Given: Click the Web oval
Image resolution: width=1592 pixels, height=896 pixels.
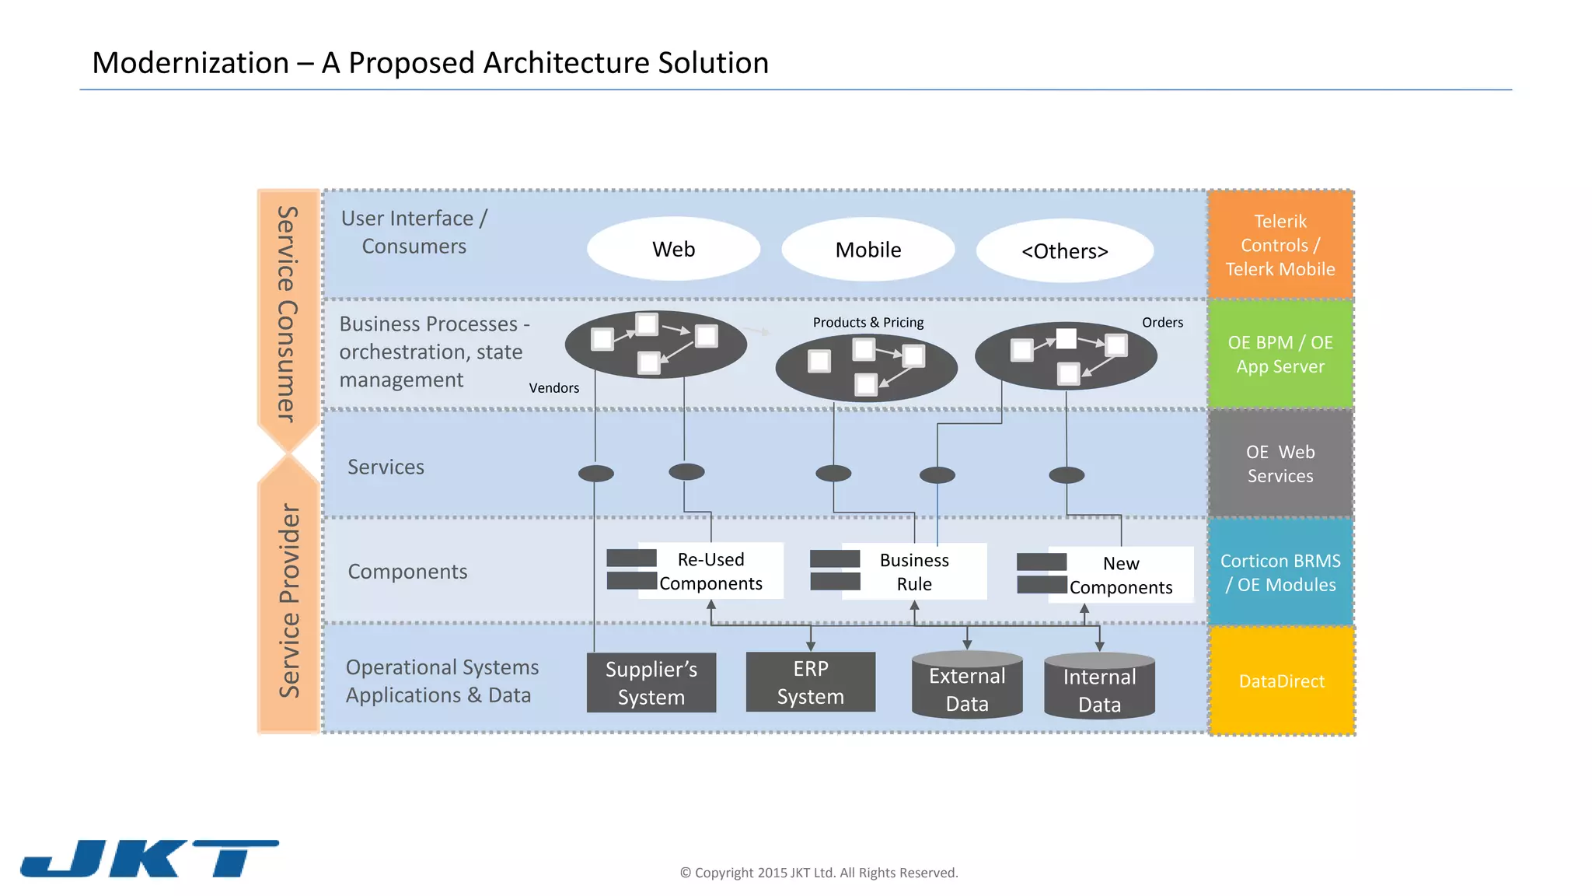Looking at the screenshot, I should click(673, 249).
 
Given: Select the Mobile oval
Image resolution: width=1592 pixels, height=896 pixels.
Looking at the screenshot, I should click(868, 250).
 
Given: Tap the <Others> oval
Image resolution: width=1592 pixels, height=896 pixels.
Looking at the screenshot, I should click(1064, 251).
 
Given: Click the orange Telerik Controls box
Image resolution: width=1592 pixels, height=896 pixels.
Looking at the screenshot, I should click(1280, 245).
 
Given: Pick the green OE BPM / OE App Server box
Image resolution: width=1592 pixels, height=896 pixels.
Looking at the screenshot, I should click(1280, 354).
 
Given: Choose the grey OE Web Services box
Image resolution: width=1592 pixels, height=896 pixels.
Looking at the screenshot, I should click(1280, 464).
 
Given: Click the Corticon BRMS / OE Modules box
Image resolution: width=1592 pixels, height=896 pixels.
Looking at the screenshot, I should click(1280, 572).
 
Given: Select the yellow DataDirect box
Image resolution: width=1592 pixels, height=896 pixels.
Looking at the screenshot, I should click(1282, 681).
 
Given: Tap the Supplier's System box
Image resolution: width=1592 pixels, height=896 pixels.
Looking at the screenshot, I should click(651, 683).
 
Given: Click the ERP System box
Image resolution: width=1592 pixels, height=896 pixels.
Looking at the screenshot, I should click(810, 682).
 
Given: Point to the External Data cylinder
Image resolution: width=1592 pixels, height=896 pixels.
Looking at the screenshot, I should click(967, 688).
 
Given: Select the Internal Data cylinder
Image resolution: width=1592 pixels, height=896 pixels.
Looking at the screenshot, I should click(1099, 689).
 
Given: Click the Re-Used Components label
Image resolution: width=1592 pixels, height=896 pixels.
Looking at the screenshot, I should click(710, 571).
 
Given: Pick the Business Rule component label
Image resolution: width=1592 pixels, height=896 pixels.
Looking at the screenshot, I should click(914, 572).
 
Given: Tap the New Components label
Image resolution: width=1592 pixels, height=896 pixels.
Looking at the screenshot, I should click(1120, 575).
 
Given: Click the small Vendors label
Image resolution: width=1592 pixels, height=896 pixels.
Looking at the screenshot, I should click(553, 388).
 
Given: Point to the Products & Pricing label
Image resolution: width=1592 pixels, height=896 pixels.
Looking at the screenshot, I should click(868, 322).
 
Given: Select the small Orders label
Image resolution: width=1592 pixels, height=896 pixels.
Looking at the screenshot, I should click(1162, 322).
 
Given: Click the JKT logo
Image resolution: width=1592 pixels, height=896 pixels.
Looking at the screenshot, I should click(149, 859).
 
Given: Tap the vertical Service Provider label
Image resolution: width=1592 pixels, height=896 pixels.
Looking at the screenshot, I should click(289, 600).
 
